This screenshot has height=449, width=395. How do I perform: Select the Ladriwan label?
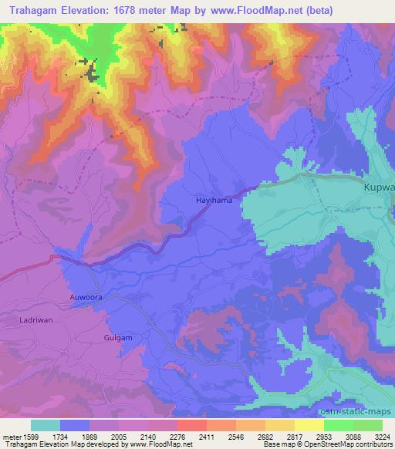tap(34, 319)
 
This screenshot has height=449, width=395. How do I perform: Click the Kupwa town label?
tap(379, 187)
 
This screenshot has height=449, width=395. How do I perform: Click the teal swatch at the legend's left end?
tap(46, 425)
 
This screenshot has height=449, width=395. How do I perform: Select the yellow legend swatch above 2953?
tap(309, 425)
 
